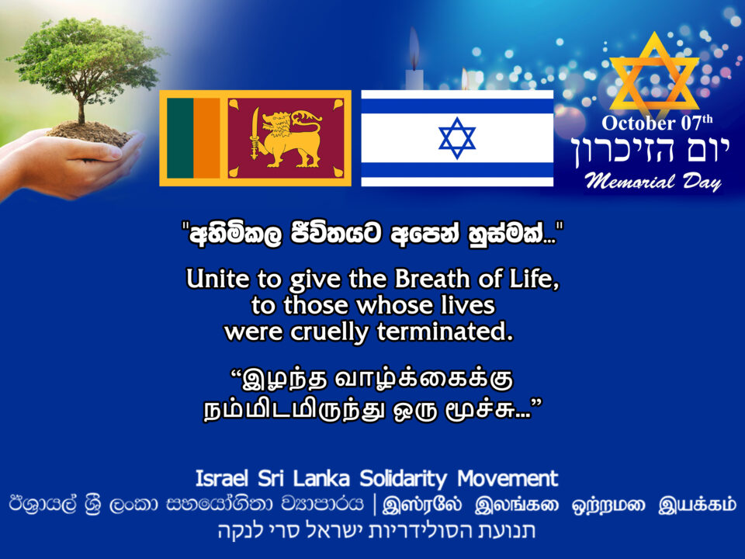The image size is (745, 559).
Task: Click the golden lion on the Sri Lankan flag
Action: [285, 139]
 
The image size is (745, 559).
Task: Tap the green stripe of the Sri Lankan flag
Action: [180, 138]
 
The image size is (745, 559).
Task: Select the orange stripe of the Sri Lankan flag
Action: [206, 138]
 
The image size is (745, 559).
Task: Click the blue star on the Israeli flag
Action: [457, 138]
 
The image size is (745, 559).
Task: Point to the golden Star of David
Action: [654, 76]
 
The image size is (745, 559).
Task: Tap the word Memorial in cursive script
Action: [629, 181]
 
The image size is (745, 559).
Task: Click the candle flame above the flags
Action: [414, 47]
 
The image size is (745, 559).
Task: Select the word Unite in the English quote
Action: [218, 279]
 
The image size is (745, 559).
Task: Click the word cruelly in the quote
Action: [330, 332]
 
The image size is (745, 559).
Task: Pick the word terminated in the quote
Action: [445, 332]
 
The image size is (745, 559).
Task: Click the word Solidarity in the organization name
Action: [404, 479]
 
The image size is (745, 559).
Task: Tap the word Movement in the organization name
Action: [508, 478]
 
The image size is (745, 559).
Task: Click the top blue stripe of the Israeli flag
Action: [457, 106]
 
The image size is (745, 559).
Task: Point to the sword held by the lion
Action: [255, 133]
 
